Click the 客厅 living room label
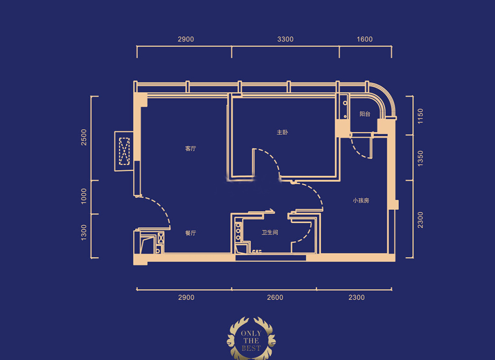pyautogui.click(x=191, y=149)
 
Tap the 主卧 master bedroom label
pyautogui.click(x=282, y=132)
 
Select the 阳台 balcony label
pyautogui.click(x=365, y=114)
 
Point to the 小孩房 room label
pyautogui.click(x=361, y=201)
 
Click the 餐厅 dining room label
pyautogui.click(x=191, y=233)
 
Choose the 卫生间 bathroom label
pyautogui.click(x=270, y=232)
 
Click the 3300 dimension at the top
pyautogui.click(x=286, y=39)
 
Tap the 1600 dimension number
pyautogui.click(x=365, y=39)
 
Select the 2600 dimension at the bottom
pyautogui.click(x=275, y=298)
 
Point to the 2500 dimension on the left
pyautogui.click(x=84, y=137)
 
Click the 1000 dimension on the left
pyautogui.click(x=84, y=196)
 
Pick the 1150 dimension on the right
pyautogui.click(x=420, y=116)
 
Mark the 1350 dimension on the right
pyautogui.click(x=420, y=158)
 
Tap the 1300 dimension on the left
pyautogui.click(x=84, y=232)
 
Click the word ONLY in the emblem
pyautogui.click(x=251, y=333)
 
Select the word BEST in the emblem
pyautogui.click(x=251, y=348)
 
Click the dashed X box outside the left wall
pyautogui.click(x=124, y=151)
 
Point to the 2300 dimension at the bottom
pyautogui.click(x=356, y=298)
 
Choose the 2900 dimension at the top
pyautogui.click(x=186, y=39)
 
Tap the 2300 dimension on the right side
pyautogui.click(x=420, y=220)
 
